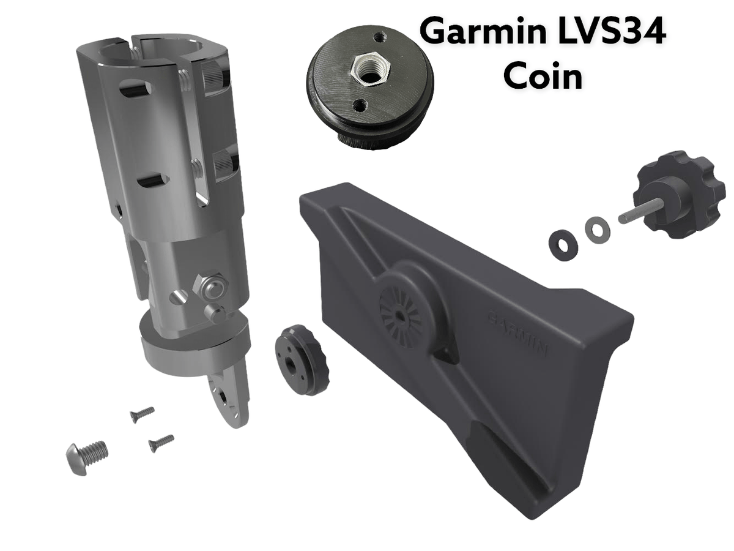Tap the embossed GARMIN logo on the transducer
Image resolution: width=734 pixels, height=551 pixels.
517,334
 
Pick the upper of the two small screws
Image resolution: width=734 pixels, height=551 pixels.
142,415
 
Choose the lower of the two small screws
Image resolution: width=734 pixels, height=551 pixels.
161,443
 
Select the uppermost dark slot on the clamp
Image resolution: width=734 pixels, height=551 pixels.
135,89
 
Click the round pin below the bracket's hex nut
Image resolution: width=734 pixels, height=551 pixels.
216,313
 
